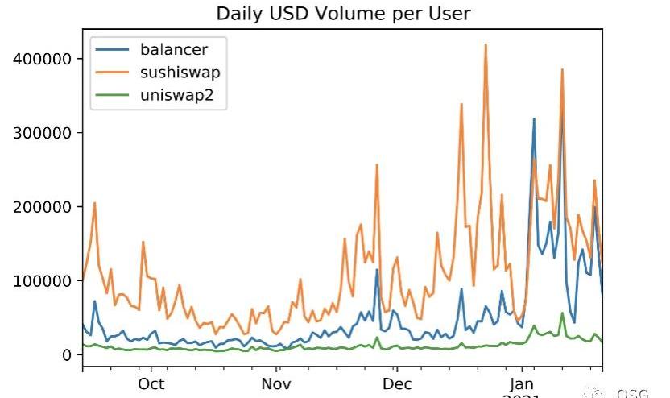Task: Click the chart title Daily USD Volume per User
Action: (343, 14)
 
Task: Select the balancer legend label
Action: (173, 50)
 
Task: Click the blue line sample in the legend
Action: (113, 50)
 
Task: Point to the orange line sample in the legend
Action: (113, 73)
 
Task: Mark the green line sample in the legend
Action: (113, 97)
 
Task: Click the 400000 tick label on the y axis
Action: (44, 59)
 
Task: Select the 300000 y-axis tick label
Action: (44, 133)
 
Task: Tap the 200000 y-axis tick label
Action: (44, 207)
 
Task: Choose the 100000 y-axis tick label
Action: (44, 281)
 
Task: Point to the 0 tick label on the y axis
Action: (67, 355)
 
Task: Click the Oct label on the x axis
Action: (151, 383)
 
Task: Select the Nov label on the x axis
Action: (276, 383)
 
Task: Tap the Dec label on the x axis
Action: (397, 383)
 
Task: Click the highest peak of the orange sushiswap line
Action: (486, 44)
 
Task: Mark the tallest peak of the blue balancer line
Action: (534, 119)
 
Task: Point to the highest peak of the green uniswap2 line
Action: (562, 313)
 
